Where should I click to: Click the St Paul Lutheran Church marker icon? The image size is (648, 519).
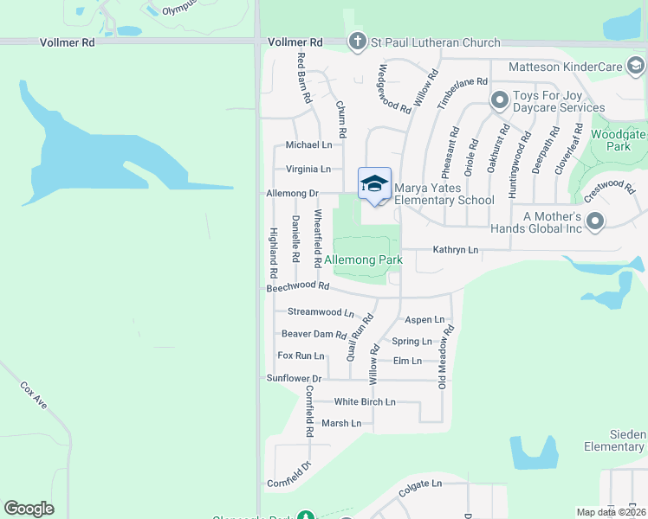click(x=356, y=42)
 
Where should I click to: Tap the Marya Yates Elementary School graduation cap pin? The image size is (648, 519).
click(x=374, y=184)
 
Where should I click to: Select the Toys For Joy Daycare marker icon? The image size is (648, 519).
click(x=499, y=100)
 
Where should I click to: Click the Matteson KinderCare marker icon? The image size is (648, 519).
click(x=637, y=66)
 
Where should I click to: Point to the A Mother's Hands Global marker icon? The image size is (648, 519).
click(x=595, y=222)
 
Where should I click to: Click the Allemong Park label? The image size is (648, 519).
click(x=376, y=259)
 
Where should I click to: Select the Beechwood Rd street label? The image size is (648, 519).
click(x=298, y=285)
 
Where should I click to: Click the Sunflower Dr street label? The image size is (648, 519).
click(x=294, y=379)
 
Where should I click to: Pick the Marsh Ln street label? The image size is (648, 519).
click(x=341, y=423)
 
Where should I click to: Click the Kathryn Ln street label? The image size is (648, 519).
click(x=456, y=250)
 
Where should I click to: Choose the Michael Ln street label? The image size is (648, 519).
click(x=308, y=145)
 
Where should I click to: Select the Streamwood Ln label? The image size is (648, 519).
click(x=321, y=312)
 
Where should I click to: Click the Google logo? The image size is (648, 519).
click(x=29, y=509)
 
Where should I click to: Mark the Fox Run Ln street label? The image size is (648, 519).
click(x=301, y=356)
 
